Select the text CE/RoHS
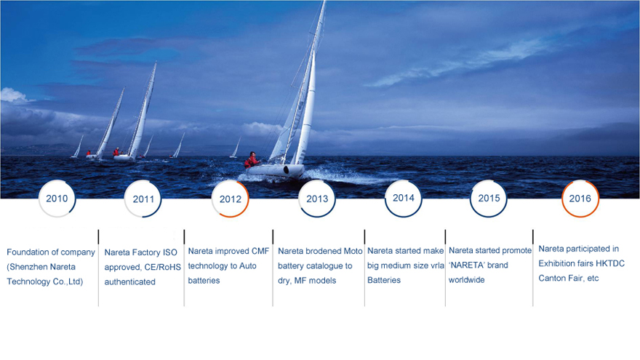pos(163,267)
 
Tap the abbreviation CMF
pos(260,251)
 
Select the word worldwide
pos(466,280)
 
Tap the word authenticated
pos(129,281)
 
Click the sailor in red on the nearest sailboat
pos(252,159)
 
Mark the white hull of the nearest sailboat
pos(276,171)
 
